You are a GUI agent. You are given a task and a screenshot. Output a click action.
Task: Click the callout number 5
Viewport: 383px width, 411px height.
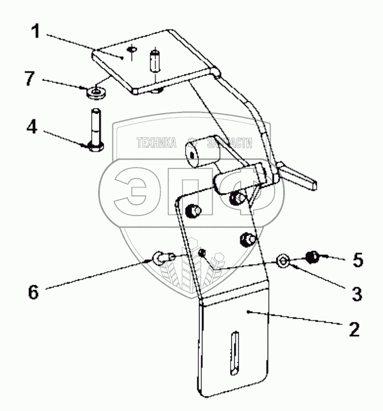358,261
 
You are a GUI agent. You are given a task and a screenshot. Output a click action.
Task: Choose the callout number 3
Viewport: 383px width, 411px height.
358,294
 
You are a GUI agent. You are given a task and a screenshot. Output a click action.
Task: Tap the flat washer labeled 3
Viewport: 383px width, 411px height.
284,261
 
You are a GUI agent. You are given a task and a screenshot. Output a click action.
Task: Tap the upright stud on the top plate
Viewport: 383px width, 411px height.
155,61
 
